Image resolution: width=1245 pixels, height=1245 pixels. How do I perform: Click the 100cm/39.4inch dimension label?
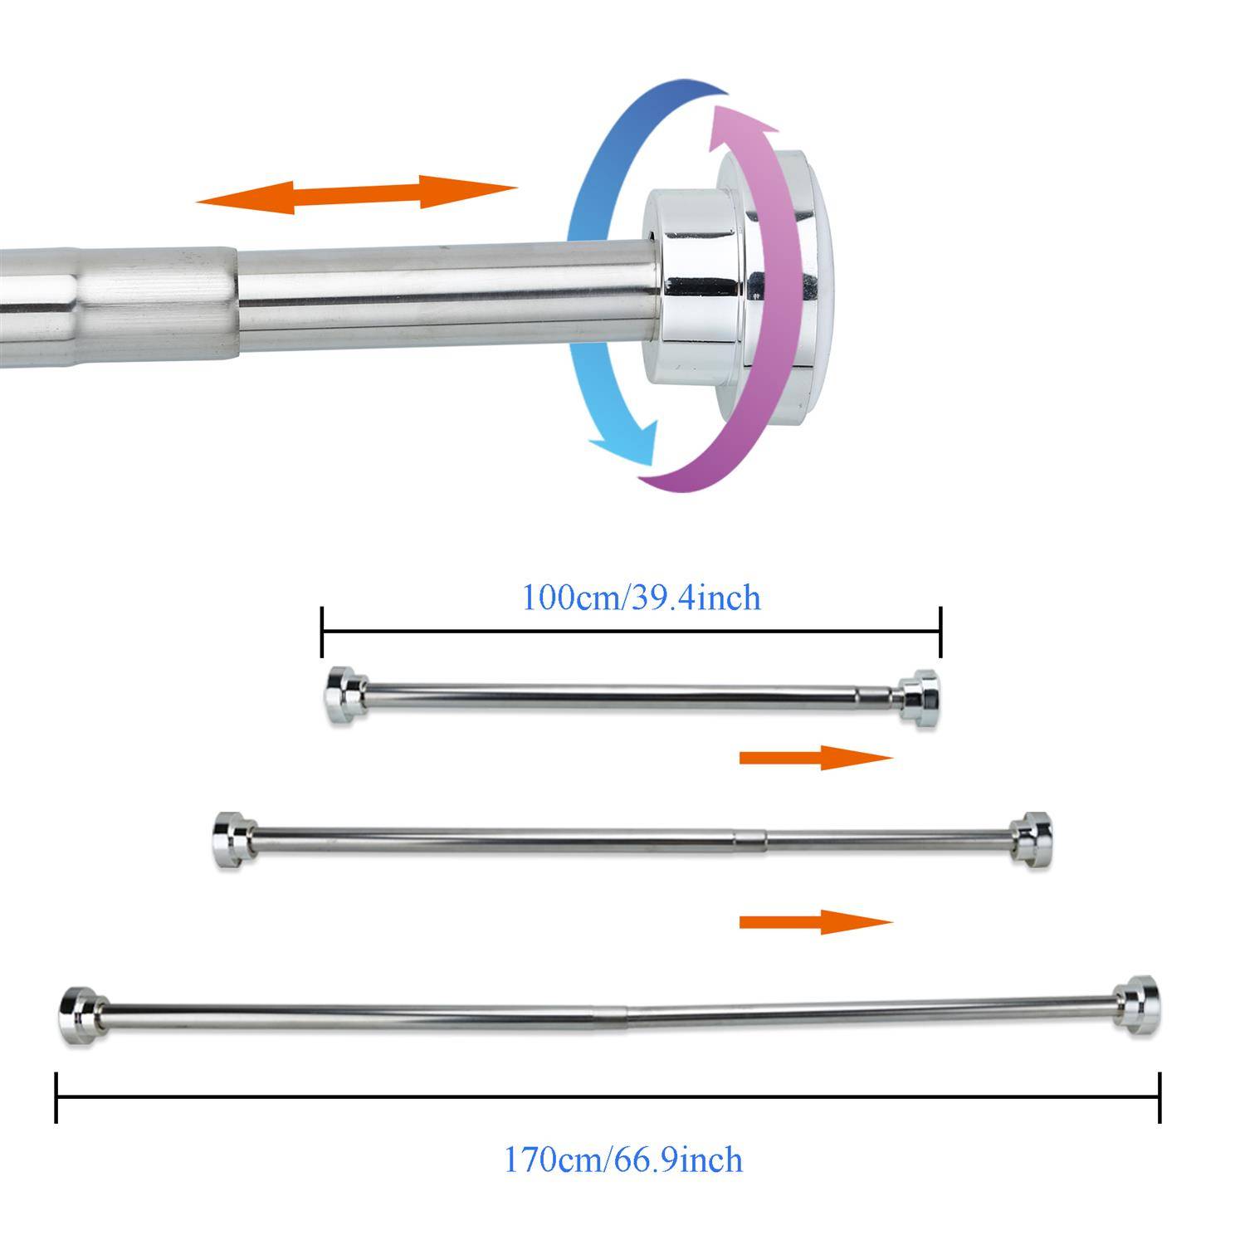[640, 598]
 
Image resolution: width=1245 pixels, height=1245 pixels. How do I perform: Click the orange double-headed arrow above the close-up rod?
[357, 194]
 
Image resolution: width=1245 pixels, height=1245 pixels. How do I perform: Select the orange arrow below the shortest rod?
[815, 757]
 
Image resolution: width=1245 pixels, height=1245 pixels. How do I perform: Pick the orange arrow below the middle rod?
[815, 921]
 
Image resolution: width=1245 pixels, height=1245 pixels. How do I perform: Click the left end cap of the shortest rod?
[344, 696]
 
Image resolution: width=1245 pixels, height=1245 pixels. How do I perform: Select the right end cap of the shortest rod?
[920, 699]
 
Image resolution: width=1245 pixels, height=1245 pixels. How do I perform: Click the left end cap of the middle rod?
[231, 840]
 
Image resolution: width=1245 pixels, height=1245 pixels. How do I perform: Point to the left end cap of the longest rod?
[80, 1016]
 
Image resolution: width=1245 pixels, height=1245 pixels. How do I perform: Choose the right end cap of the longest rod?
[1135, 1005]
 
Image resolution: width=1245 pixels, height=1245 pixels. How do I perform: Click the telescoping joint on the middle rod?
[749, 838]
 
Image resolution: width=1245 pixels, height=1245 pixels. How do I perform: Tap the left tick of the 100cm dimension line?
[322, 632]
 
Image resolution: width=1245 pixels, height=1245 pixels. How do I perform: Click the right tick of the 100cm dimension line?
[940, 632]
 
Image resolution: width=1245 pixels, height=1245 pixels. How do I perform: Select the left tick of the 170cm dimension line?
[56, 1097]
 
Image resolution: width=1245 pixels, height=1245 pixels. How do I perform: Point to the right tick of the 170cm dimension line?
[1160, 1097]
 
